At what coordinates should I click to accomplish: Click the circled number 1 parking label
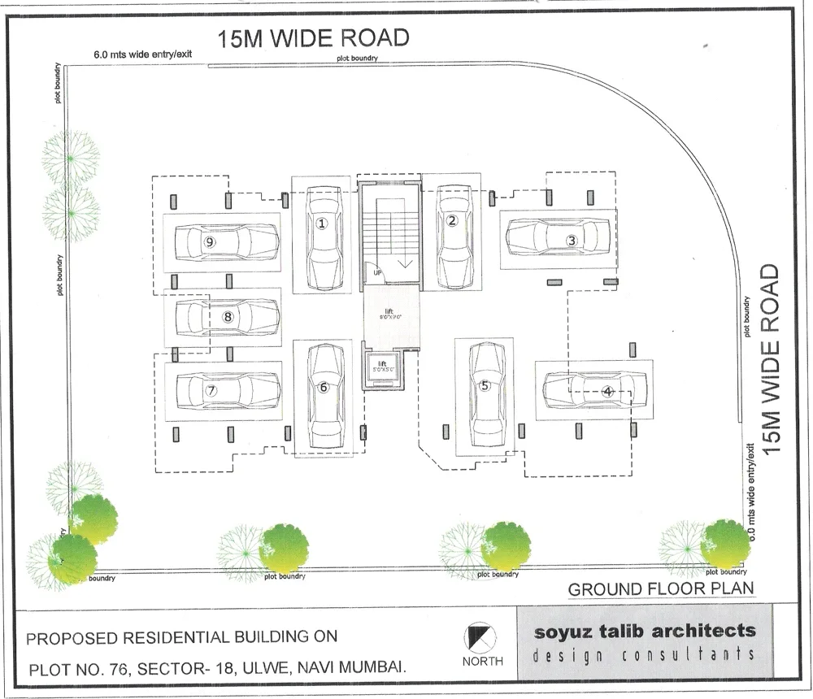[322, 224]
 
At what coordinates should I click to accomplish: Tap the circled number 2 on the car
[452, 219]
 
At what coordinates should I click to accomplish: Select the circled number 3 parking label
[572, 240]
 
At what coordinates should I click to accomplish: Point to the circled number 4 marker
[606, 391]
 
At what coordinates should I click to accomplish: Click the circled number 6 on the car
[324, 388]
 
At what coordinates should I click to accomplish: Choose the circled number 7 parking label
[211, 390]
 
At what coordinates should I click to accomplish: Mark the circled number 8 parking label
[228, 317]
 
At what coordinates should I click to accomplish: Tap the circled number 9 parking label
[210, 241]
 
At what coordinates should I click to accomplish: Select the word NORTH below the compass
[482, 661]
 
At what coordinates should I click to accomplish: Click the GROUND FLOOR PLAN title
[661, 588]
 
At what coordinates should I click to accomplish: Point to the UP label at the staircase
[377, 272]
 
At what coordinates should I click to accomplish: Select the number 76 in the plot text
[115, 668]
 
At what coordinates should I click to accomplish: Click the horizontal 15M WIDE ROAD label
[313, 38]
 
